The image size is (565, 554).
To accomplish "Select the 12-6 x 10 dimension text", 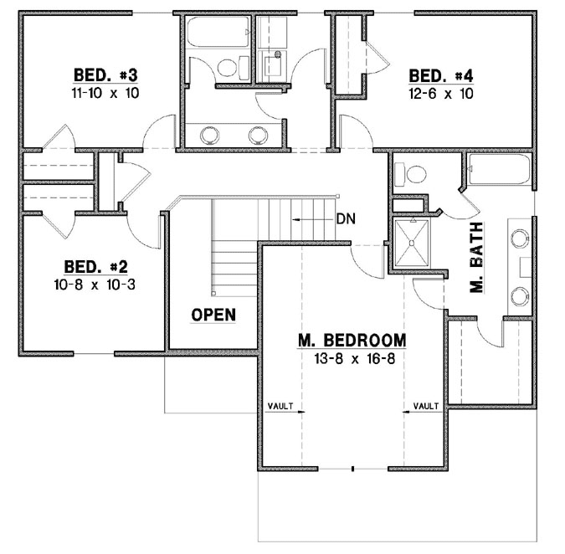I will [441, 94].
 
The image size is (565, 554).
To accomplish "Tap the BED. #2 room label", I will [95, 267].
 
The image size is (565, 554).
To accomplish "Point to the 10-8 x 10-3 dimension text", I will [95, 284].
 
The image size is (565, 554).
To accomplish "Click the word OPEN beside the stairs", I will [213, 315].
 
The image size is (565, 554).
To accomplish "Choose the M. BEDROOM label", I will [352, 341].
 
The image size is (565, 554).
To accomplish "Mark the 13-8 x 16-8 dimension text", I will [352, 358].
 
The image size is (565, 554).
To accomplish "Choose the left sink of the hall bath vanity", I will [209, 134].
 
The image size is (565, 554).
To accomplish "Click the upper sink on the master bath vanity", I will [519, 238].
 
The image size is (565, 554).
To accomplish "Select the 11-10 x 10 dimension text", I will [105, 94].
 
